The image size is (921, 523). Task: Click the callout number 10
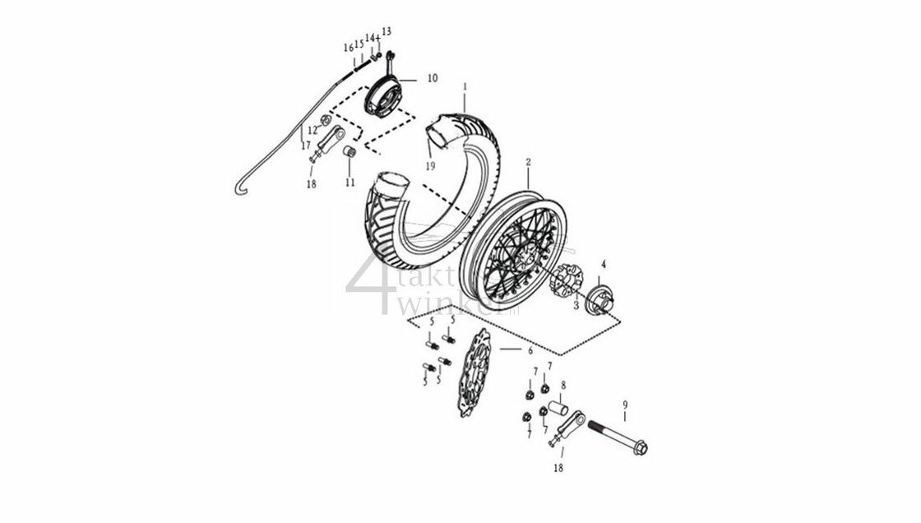click(432, 78)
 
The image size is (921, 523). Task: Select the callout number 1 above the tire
click(465, 86)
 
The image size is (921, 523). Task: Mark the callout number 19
click(429, 166)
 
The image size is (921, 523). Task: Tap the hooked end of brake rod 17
click(238, 191)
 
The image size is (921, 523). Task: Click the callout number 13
click(386, 31)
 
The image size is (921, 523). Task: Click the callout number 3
click(576, 304)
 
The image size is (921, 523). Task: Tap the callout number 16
click(349, 49)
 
